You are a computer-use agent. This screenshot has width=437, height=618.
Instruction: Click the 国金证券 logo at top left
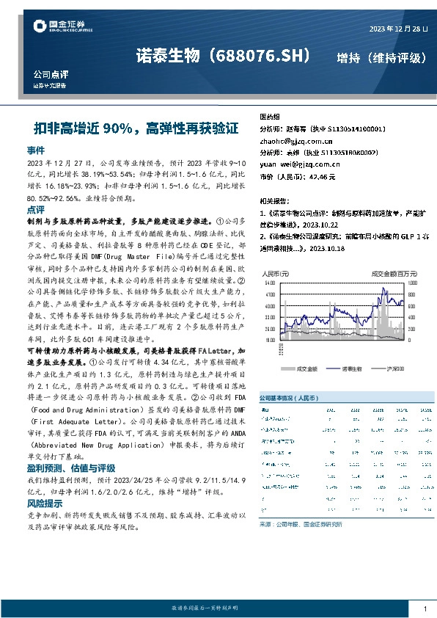coord(62,28)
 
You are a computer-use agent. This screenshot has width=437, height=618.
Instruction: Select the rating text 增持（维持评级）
coord(381,57)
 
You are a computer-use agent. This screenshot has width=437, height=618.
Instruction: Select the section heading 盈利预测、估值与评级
coord(70,467)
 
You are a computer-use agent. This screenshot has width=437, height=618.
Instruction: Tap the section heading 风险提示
coord(45,504)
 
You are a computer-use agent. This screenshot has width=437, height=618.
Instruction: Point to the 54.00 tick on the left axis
coord(269,282)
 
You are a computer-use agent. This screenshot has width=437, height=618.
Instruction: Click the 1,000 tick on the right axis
coord(412,282)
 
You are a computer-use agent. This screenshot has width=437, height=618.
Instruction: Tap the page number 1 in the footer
coord(425,608)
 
